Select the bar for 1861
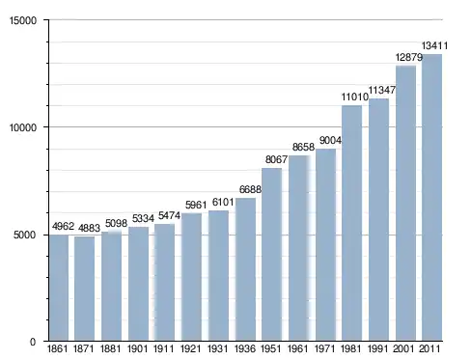pos(59,288)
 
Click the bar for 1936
pos(245,269)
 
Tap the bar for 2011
pos(431,198)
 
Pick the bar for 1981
pos(351,223)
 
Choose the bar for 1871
pos(84,289)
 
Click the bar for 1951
pos(271,255)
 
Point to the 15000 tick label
pos(23,20)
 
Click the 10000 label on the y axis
pos(23,127)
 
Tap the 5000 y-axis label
pos(25,235)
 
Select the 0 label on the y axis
pos(33,342)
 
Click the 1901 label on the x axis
pos(137,348)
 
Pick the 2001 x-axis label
pos(403,348)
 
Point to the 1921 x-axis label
pos(190,348)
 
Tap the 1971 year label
pos(324,348)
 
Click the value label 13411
pos(434,46)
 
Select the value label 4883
pos(89,228)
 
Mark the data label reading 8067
pos(276,159)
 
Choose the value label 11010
pos(354,97)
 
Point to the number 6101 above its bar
pos(223,202)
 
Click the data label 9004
pos(330,140)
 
